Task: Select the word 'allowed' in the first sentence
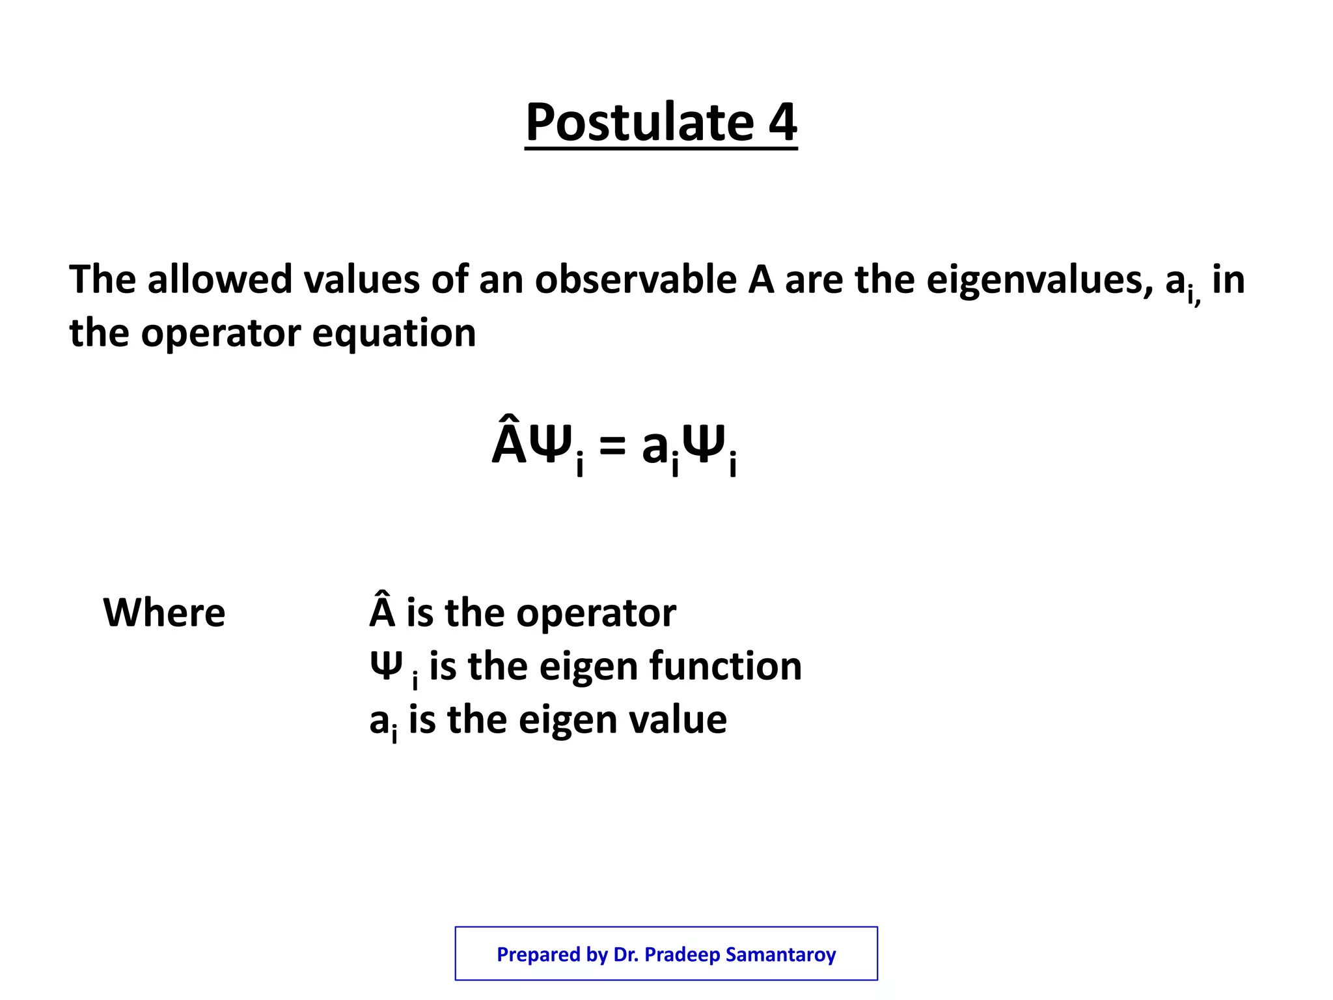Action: coord(220,280)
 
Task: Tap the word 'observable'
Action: coord(636,280)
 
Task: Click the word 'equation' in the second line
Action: coord(394,333)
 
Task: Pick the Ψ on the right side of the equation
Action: coord(705,445)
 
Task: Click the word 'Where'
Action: coord(164,613)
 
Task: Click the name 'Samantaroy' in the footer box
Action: coord(780,954)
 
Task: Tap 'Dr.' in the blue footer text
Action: coord(625,954)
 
